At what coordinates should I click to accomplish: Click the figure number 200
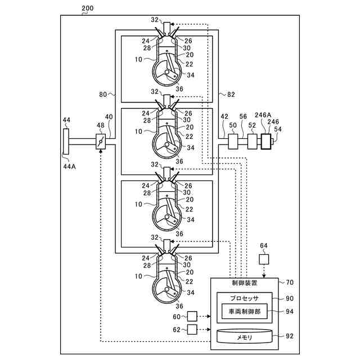87,9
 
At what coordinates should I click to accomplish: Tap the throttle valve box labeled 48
101,141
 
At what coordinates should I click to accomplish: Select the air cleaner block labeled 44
67,141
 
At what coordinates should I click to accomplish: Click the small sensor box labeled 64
264,259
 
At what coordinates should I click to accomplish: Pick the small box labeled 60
192,316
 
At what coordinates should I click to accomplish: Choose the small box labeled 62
192,329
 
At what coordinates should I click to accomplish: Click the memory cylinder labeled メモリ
244,337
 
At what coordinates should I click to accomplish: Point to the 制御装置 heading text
244,283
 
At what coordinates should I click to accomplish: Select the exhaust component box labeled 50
233,141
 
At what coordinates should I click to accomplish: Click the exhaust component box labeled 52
253,141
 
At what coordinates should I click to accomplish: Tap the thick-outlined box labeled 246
265,142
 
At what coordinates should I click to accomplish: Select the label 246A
263,115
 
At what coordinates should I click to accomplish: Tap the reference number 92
289,337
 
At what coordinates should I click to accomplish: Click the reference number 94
289,310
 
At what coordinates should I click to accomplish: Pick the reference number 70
289,283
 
